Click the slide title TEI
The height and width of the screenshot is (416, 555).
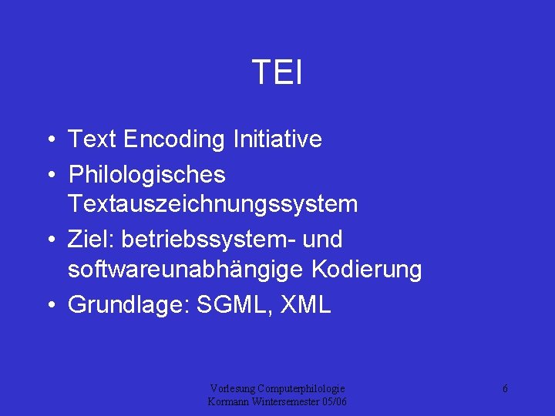pos(277,74)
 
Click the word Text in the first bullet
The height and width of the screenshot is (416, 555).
pos(90,139)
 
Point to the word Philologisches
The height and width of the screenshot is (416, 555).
pos(146,176)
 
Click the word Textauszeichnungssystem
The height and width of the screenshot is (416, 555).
pos(213,204)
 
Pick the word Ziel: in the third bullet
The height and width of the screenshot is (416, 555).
pos(89,240)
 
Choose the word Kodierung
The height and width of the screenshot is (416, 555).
pos(367,270)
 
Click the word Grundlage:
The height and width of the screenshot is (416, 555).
pos(129,305)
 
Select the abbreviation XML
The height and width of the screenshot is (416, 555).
pos(307,305)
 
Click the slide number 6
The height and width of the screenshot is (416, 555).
pos(504,389)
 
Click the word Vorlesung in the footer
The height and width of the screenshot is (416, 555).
pos(232,389)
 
